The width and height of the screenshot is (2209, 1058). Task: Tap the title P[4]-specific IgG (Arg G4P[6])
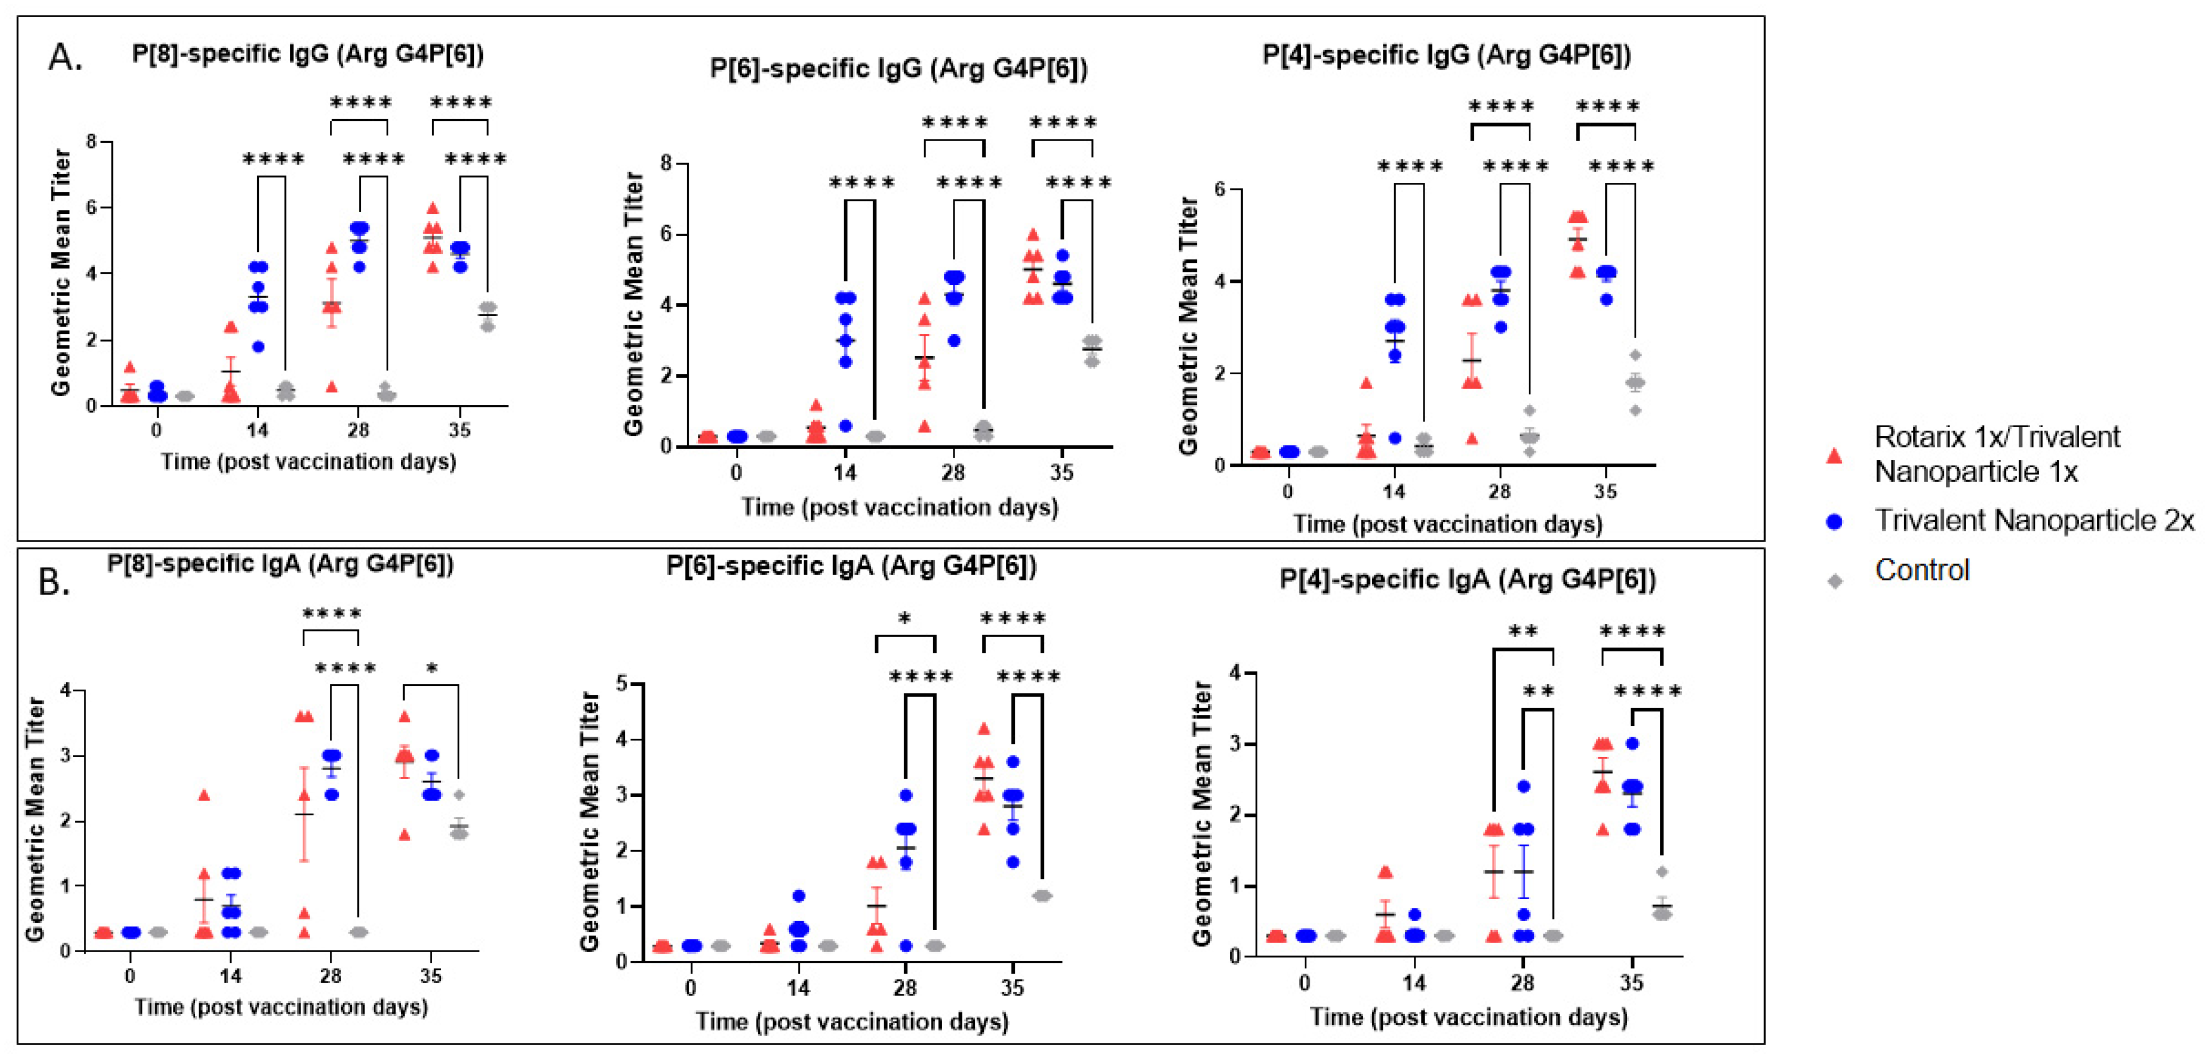pyautogui.click(x=1446, y=55)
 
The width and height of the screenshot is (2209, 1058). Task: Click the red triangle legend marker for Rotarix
pyautogui.click(x=1834, y=455)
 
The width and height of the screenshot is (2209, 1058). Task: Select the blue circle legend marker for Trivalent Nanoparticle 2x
pyautogui.click(x=1834, y=521)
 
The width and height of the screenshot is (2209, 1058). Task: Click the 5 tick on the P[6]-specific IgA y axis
pyautogui.click(x=622, y=683)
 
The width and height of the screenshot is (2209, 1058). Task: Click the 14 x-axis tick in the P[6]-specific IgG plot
pyautogui.click(x=845, y=473)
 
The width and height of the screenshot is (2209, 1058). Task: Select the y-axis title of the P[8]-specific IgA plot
pyautogui.click(x=35, y=819)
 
